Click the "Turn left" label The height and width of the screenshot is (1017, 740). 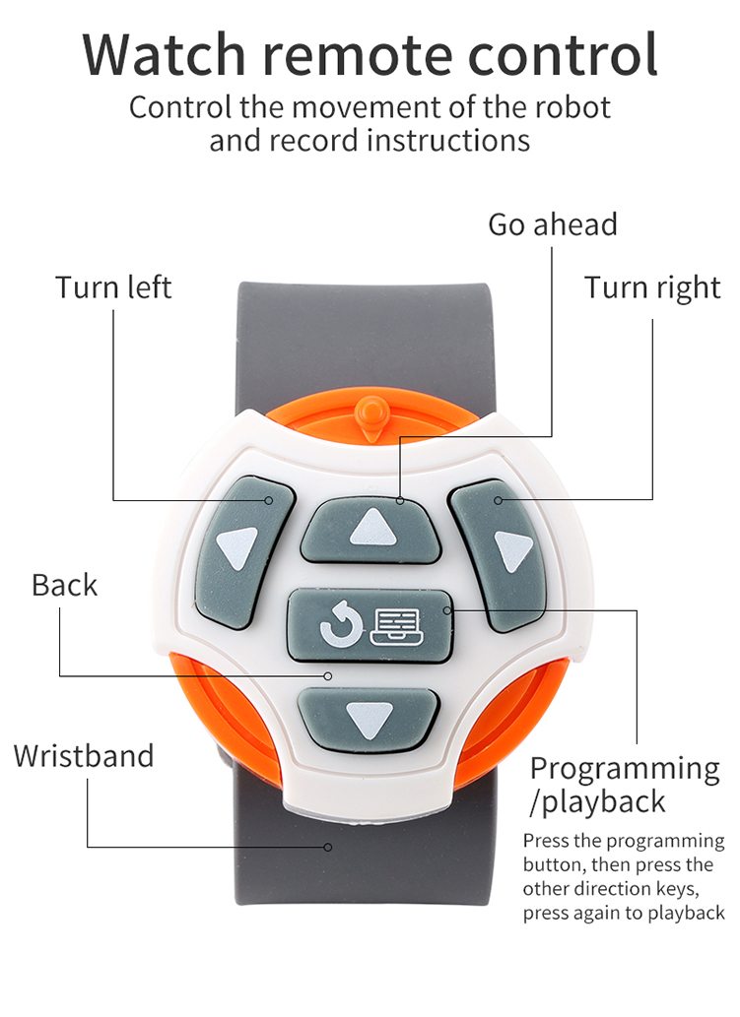click(x=113, y=287)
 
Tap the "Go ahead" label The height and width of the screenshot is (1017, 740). click(x=552, y=224)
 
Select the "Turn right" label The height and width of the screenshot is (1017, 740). click(x=652, y=287)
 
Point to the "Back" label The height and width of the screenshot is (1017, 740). click(x=65, y=585)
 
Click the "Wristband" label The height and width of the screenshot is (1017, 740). click(x=84, y=756)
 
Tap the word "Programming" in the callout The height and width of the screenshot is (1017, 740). click(x=625, y=769)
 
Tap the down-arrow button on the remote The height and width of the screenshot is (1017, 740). click(x=370, y=719)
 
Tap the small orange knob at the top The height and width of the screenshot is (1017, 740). click(x=370, y=414)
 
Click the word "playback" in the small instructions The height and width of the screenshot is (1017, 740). click(x=686, y=913)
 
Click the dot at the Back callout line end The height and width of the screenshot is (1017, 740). click(x=329, y=675)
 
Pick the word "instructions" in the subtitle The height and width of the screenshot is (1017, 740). click(x=448, y=140)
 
